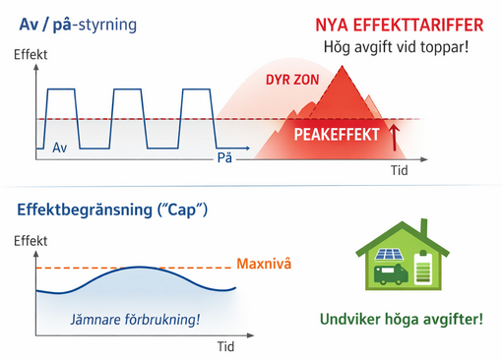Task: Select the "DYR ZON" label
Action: (291, 80)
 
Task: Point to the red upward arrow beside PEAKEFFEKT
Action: (395, 136)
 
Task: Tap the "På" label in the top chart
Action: (225, 157)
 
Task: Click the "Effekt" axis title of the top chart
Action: (31, 56)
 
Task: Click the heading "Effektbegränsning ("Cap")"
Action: (112, 210)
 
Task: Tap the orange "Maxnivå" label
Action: (266, 265)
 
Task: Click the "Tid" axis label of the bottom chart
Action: (225, 346)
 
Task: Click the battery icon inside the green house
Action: (425, 269)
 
